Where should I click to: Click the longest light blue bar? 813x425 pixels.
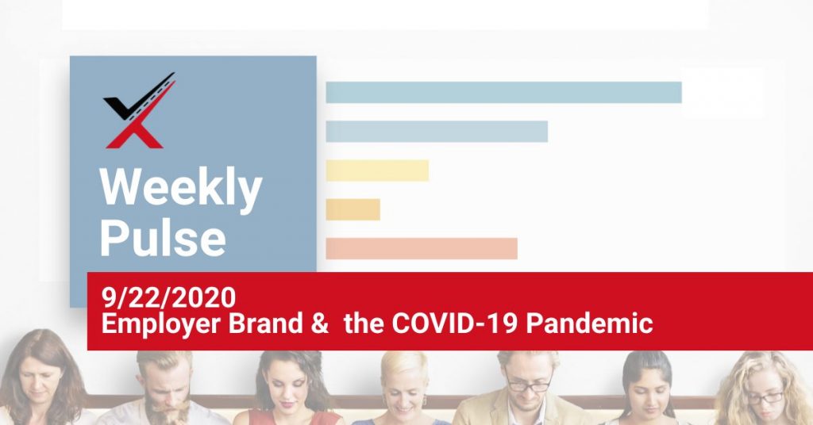coord(503,92)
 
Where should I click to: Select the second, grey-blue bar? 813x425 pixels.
coord(437,132)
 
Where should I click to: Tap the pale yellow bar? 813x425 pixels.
coord(377,170)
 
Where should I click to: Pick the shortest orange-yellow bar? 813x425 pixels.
coord(353,209)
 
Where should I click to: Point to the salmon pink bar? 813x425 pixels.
coord(422,248)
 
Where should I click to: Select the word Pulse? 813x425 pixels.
coord(162,237)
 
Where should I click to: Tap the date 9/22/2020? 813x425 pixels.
coord(168,297)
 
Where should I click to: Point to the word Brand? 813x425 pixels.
coord(265,323)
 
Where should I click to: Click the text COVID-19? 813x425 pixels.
coord(454,323)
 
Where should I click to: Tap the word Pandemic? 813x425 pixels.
coord(590,323)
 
